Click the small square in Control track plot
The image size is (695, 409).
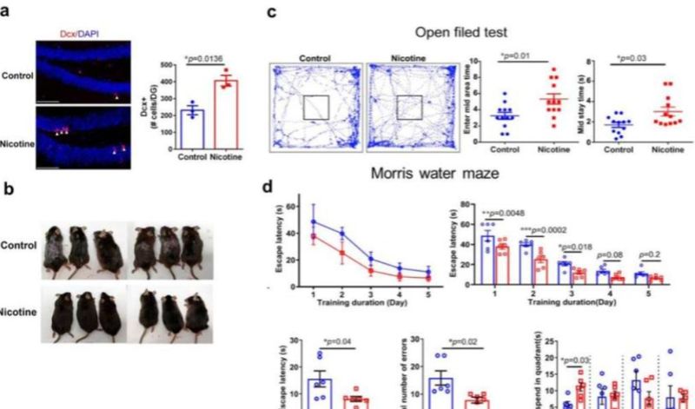click(x=315, y=107)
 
